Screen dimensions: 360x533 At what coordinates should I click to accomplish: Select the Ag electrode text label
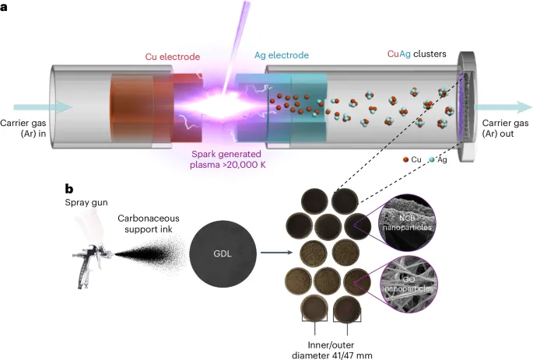click(x=281, y=55)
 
